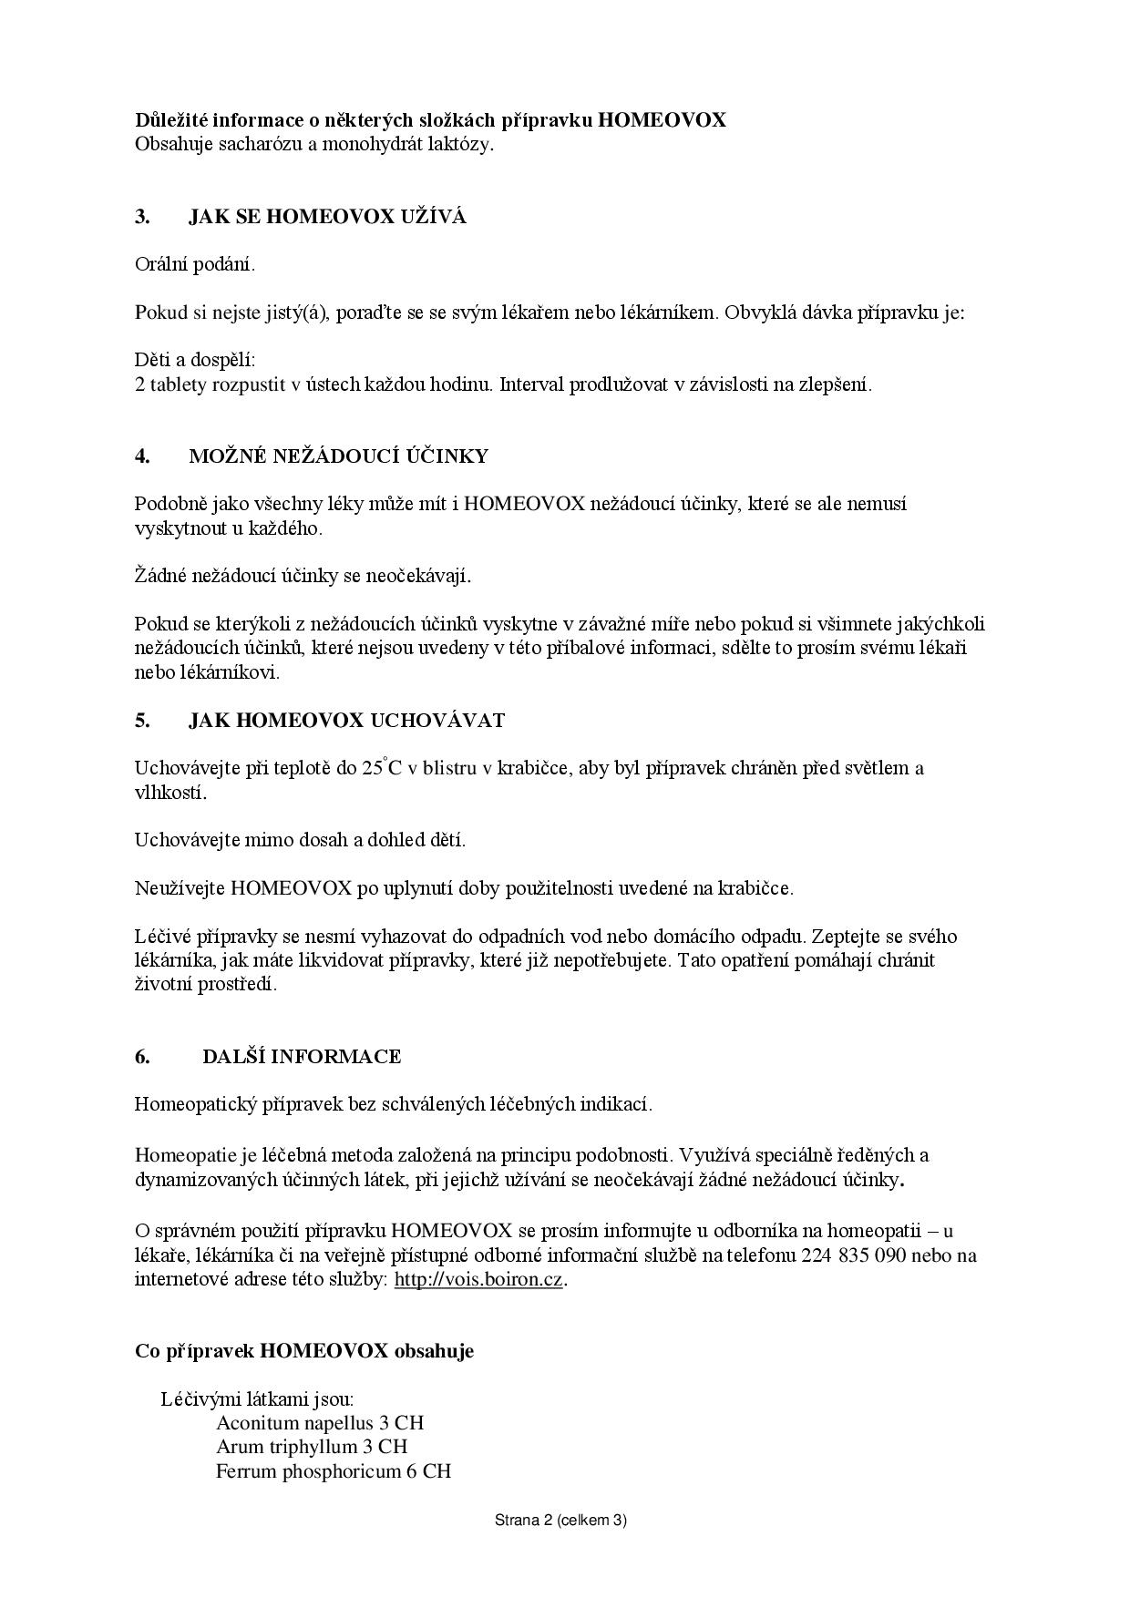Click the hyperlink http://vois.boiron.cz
click(478, 1279)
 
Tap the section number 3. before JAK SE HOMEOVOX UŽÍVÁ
click(142, 217)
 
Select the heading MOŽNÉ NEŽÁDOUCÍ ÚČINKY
click(338, 456)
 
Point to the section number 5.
click(142, 721)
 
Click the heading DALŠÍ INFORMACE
click(302, 1057)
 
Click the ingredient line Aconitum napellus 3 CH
click(320, 1423)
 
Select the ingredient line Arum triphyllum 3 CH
click(312, 1447)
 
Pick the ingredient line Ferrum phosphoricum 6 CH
click(334, 1471)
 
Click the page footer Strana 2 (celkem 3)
click(560, 1520)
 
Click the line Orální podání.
click(195, 265)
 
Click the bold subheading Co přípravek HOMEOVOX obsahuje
click(304, 1350)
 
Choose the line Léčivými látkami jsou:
click(257, 1399)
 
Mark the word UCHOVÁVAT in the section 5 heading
click(437, 721)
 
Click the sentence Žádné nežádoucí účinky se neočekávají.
click(303, 576)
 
